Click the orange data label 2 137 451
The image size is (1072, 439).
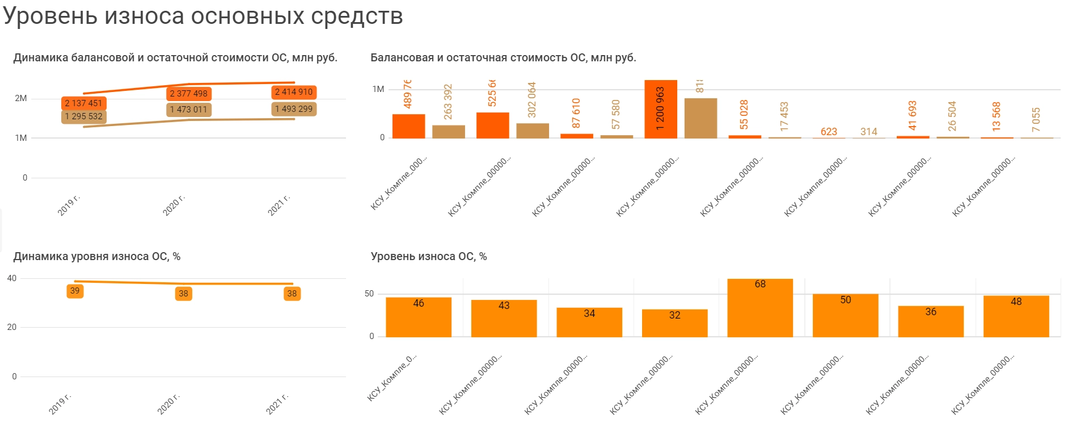[x=83, y=103]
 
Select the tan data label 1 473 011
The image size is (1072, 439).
[x=189, y=110]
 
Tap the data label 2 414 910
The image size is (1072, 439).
[x=293, y=92]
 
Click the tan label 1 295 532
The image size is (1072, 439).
[x=83, y=116]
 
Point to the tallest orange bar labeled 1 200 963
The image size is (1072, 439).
[x=660, y=109]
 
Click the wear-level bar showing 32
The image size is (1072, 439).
[x=674, y=323]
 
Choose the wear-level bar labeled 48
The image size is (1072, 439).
[x=1016, y=316]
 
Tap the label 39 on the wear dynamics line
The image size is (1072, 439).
[x=75, y=291]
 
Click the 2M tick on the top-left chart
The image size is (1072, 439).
[x=21, y=98]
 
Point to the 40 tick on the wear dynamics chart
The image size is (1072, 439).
[x=12, y=278]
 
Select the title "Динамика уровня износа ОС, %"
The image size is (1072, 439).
[x=97, y=257]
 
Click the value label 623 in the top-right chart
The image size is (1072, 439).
[x=829, y=132]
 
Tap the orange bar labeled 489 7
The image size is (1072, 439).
[x=408, y=126]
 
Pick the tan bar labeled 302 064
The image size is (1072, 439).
[x=532, y=131]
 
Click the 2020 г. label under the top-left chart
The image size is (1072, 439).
[x=174, y=205]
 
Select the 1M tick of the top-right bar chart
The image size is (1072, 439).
[x=378, y=89]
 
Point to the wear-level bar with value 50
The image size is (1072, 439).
[x=845, y=315]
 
